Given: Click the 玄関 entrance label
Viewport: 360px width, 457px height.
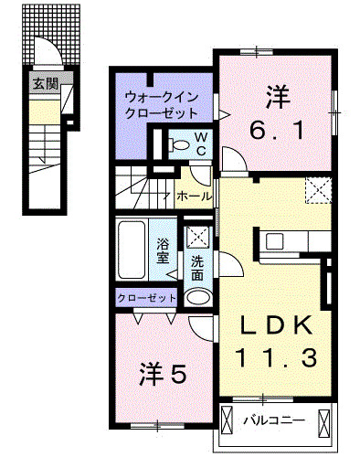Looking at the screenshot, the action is tap(46, 83).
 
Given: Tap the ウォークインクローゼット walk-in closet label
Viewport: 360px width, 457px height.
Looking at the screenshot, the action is tap(162, 106).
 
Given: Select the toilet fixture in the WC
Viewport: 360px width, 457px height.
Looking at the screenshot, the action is tap(179, 144).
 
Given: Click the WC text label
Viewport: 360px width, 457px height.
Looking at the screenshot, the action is tap(200, 144).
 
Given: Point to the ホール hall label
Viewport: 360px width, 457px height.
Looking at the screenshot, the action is tap(194, 196).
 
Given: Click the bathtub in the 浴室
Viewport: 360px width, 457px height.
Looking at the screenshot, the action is tap(132, 250).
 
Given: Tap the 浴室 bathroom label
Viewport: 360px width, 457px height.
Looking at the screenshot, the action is tap(163, 250).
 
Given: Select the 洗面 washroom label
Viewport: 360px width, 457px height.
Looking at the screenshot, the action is tap(197, 268).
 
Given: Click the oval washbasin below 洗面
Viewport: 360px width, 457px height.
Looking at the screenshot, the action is tap(198, 297).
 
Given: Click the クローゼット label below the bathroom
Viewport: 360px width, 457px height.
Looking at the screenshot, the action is tap(146, 298).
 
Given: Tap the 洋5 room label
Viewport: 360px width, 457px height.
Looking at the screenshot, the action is tap(163, 374).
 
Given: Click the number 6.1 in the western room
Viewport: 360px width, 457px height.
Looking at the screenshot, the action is tap(277, 131).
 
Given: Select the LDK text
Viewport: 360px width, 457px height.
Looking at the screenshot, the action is tap(276, 325).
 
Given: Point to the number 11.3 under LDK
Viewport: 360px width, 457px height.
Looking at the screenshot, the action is tap(276, 357).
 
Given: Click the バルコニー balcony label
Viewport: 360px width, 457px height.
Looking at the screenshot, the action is tap(274, 420).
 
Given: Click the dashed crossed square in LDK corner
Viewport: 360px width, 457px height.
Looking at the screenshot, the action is tap(318, 190).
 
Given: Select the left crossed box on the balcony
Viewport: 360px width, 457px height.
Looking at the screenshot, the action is tap(226, 420).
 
